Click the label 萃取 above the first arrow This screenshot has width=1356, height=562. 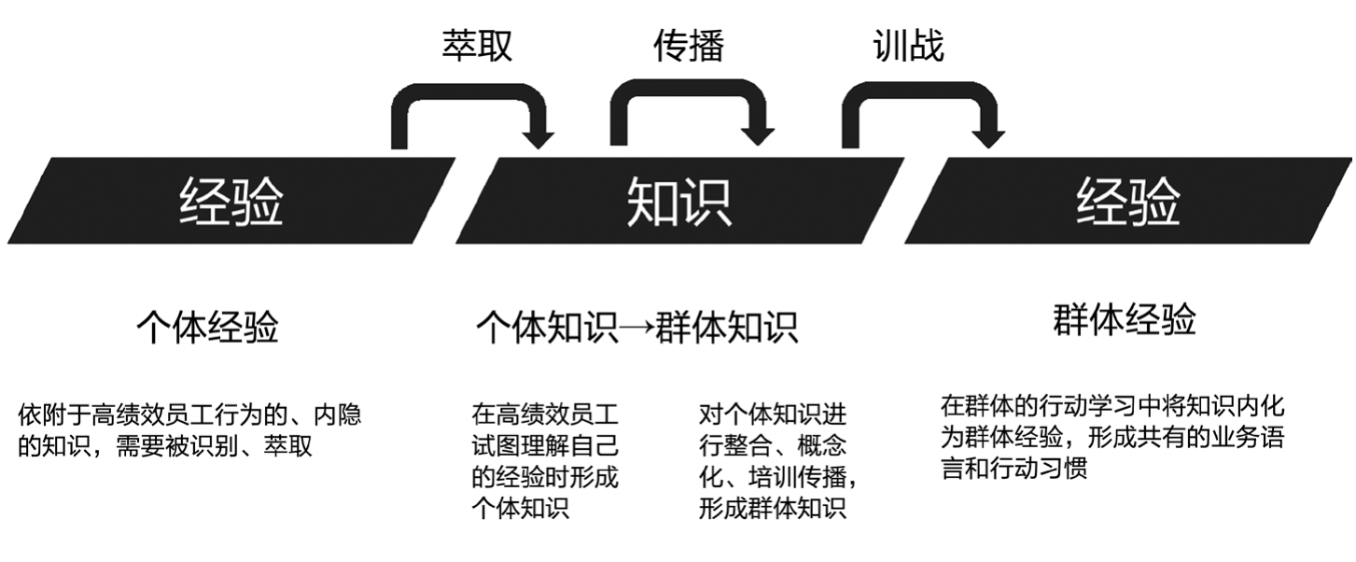coord(477,45)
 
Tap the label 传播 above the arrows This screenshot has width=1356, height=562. coord(689,45)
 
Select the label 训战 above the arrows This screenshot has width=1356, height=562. coord(908,45)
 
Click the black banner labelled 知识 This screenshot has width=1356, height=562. coord(678,201)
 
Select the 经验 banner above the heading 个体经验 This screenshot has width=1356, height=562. coord(231,201)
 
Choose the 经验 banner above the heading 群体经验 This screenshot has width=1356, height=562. coord(1127,201)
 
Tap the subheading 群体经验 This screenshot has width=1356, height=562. coord(1124,320)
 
